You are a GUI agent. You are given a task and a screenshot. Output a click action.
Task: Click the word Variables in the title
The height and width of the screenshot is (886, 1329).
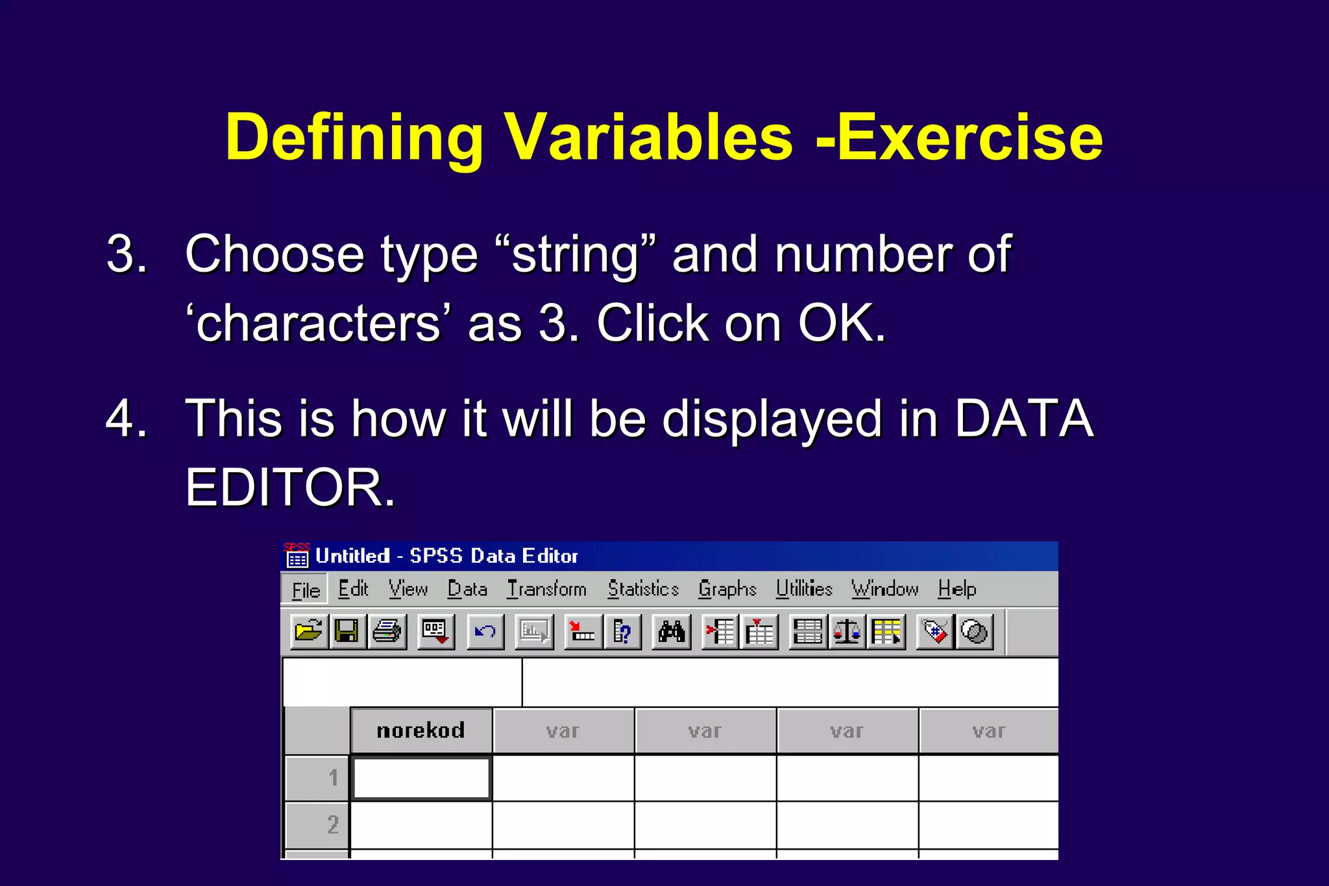(x=649, y=138)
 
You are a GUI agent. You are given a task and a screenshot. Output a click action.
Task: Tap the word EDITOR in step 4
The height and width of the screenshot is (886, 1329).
(x=286, y=487)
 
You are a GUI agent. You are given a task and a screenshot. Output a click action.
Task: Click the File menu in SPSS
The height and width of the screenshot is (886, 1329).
(x=306, y=590)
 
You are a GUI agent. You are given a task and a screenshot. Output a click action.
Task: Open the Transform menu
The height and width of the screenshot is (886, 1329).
(x=546, y=589)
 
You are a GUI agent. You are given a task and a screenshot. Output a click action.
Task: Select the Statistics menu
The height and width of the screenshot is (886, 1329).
(x=643, y=589)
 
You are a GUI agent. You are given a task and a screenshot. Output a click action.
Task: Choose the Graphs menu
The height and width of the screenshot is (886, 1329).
(x=727, y=589)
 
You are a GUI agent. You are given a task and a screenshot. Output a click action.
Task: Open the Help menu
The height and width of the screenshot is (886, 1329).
(x=957, y=589)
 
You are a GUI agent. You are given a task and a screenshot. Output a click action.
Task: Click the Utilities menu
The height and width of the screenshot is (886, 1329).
(x=804, y=589)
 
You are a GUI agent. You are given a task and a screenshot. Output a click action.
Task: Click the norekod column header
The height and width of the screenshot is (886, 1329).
(x=421, y=731)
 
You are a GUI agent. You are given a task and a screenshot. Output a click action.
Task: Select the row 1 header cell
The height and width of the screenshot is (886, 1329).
(x=318, y=777)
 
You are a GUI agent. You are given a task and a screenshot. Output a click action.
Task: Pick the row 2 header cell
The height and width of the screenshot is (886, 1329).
(x=318, y=824)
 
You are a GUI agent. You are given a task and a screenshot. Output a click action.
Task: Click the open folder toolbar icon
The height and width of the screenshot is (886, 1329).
(x=308, y=631)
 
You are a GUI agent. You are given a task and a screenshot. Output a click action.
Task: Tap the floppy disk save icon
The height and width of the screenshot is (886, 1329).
(x=347, y=631)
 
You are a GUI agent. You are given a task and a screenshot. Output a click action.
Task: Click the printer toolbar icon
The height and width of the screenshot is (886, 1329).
(x=387, y=631)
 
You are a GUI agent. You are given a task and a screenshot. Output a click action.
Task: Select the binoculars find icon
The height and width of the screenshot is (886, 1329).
(x=672, y=631)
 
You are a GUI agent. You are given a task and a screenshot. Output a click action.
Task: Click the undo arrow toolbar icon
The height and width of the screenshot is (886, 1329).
(x=485, y=631)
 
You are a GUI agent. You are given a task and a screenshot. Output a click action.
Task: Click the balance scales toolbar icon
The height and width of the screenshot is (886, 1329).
(x=847, y=631)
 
